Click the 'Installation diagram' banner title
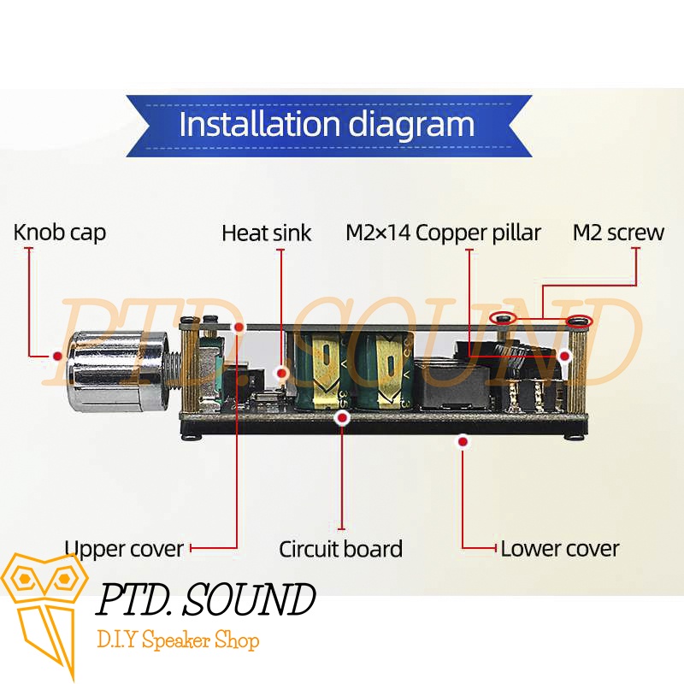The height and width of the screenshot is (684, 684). pyautogui.click(x=327, y=125)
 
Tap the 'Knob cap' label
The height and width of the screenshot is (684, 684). pyautogui.click(x=60, y=232)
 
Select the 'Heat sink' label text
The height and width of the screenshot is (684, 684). pyautogui.click(x=266, y=233)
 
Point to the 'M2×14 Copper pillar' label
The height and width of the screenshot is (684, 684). pyautogui.click(x=443, y=233)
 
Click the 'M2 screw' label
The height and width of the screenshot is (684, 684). pyautogui.click(x=618, y=233)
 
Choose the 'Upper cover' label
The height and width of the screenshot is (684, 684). pyautogui.click(x=124, y=548)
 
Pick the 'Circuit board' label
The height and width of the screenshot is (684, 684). pyautogui.click(x=340, y=548)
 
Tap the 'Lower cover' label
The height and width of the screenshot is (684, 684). pyautogui.click(x=560, y=548)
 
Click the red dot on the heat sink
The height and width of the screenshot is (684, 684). pyautogui.click(x=281, y=374)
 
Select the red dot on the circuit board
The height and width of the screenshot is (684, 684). pyautogui.click(x=342, y=418)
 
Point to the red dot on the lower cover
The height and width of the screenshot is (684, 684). pyautogui.click(x=463, y=442)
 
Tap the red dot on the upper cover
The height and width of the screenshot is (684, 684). pyautogui.click(x=239, y=327)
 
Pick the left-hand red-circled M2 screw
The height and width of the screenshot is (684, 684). pyautogui.click(x=502, y=319)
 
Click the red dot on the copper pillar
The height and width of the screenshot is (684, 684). pyautogui.click(x=565, y=354)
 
